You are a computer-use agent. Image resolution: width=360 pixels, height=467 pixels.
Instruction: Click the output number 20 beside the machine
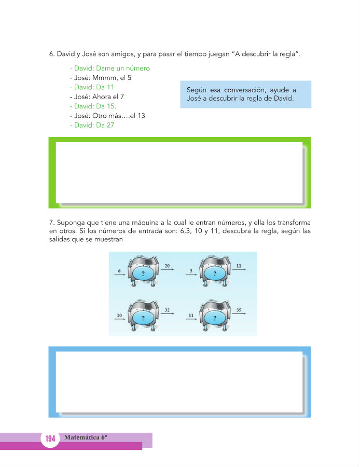(x=167, y=266)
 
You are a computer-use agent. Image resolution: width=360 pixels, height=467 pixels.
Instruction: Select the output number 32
(x=167, y=310)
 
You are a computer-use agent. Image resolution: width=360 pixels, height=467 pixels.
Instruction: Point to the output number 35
(x=239, y=310)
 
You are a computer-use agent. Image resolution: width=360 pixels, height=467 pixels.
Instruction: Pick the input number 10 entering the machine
(x=119, y=315)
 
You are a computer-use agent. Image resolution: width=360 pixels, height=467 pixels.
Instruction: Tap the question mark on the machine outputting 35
(x=215, y=317)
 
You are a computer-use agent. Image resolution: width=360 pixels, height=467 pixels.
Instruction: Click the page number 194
(x=50, y=439)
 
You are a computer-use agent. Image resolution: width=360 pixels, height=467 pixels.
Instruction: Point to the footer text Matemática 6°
(x=86, y=437)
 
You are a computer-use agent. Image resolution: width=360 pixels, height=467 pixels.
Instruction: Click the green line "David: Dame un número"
(x=110, y=68)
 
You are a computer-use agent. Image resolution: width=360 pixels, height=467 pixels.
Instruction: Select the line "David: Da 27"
(x=92, y=125)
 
